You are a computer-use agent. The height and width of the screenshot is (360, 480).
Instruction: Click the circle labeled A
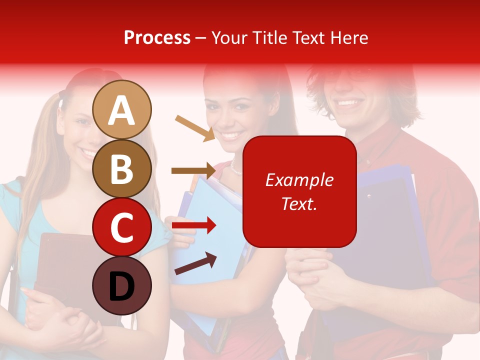[x=122, y=109]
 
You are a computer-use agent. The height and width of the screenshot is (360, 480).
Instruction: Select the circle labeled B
[x=122, y=168]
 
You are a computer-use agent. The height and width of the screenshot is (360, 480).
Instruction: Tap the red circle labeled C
[x=122, y=227]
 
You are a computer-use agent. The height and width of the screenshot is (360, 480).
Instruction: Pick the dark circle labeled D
[x=122, y=285]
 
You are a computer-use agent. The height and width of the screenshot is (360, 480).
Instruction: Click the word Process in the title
[x=157, y=37]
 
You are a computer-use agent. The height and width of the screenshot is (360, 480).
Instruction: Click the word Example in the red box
[x=299, y=180]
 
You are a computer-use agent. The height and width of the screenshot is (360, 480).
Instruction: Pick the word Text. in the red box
[x=299, y=203]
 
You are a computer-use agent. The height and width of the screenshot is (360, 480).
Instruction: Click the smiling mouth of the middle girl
[x=230, y=135]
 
